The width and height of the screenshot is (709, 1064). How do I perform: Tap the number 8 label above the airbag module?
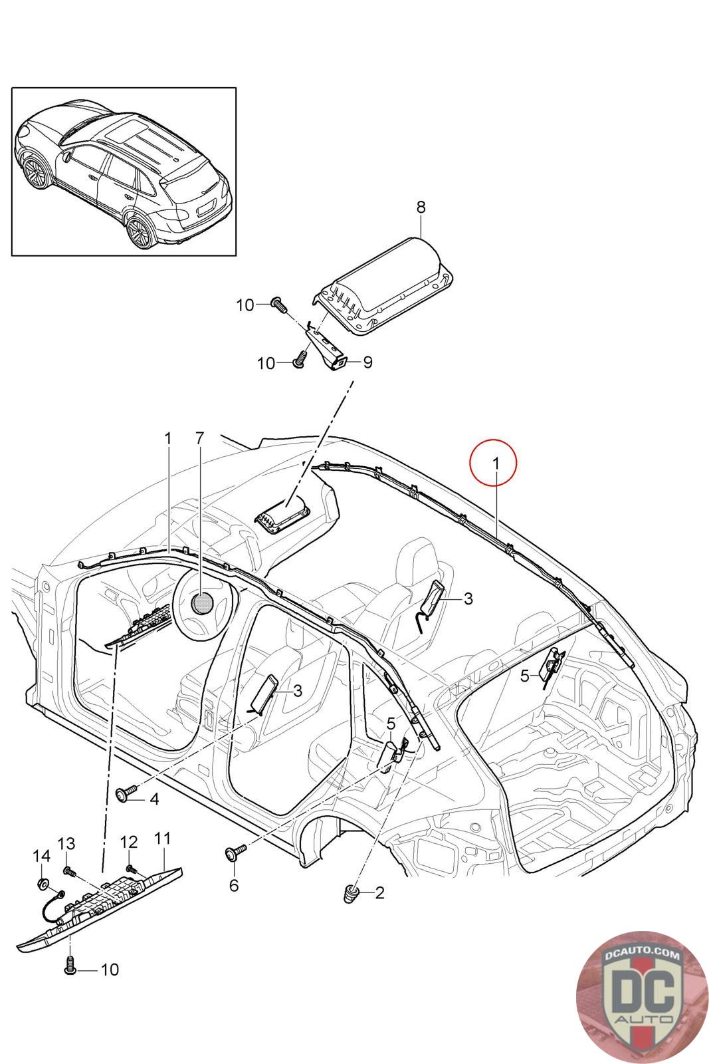pos(421,207)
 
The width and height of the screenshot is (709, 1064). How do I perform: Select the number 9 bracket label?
pos(367,362)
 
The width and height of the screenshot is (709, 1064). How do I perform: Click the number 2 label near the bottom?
pos(379,892)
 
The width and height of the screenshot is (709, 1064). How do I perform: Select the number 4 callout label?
pos(154,799)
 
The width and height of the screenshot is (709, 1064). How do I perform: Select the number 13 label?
pos(66,843)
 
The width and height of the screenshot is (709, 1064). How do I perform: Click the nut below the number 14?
pos(42,884)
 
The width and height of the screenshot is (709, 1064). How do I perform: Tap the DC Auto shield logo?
pos(637,992)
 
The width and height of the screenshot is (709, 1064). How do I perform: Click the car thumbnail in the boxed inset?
pos(124,172)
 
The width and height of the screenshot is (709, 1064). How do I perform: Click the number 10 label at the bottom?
pos(110,970)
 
